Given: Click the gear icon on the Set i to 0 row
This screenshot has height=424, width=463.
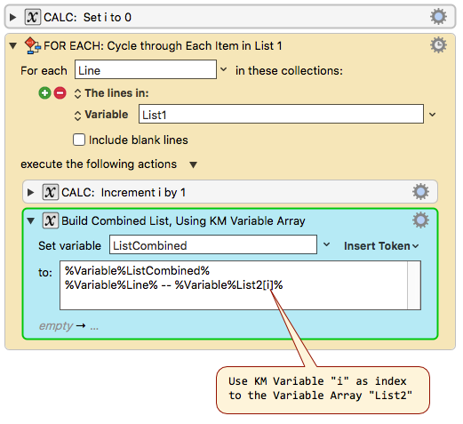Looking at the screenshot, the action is pyautogui.click(x=438, y=17).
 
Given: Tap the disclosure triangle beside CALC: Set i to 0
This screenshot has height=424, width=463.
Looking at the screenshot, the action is pyautogui.click(x=12, y=17).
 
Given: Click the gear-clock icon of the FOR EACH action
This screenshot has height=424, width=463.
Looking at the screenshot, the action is pyautogui.click(x=438, y=45).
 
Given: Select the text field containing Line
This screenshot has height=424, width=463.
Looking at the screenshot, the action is pyautogui.click(x=146, y=69).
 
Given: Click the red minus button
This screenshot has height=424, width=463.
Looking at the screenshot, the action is pyautogui.click(x=60, y=93).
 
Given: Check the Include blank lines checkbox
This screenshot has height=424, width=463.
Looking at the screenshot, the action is pyautogui.click(x=79, y=140).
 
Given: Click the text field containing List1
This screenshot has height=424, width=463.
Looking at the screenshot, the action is pyautogui.click(x=281, y=114).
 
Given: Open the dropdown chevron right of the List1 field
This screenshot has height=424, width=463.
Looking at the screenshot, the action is pyautogui.click(x=433, y=115).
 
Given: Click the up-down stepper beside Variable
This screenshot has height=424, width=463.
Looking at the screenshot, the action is pyautogui.click(x=77, y=116).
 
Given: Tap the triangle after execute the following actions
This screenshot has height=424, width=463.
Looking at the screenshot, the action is pyautogui.click(x=194, y=164).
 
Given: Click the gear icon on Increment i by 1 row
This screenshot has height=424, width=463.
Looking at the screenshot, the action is pyautogui.click(x=420, y=192).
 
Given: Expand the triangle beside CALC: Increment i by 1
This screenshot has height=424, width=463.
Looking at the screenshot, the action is pyautogui.click(x=30, y=192).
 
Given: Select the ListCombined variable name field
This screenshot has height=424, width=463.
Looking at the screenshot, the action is pyautogui.click(x=213, y=244).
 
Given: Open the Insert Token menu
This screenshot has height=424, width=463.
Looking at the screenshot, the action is pyautogui.click(x=381, y=246).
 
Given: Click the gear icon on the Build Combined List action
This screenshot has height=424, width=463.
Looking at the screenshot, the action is pyautogui.click(x=420, y=220).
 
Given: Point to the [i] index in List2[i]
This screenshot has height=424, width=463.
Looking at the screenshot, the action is pyautogui.click(x=267, y=285).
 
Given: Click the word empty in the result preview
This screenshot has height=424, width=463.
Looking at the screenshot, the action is pyautogui.click(x=56, y=326).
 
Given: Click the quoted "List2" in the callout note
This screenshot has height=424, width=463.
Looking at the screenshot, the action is pyautogui.click(x=390, y=396).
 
